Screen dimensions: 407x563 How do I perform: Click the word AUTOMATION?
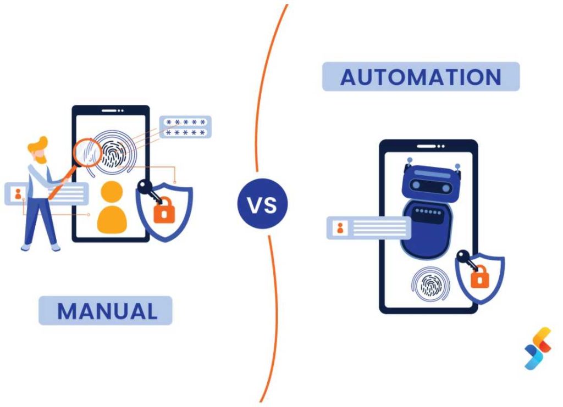coord(421,77)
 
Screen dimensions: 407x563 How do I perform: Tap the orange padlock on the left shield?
coord(163,211)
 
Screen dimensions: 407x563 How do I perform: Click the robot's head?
coord(432,181)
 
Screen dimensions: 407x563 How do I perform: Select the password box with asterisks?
coord(185,127)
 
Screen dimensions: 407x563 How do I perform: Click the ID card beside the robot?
coord(368,228)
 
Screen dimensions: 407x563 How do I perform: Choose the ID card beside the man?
coord(46,193)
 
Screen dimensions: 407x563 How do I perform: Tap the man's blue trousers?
coord(40,220)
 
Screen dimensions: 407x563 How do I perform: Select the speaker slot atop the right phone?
coord(428,147)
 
